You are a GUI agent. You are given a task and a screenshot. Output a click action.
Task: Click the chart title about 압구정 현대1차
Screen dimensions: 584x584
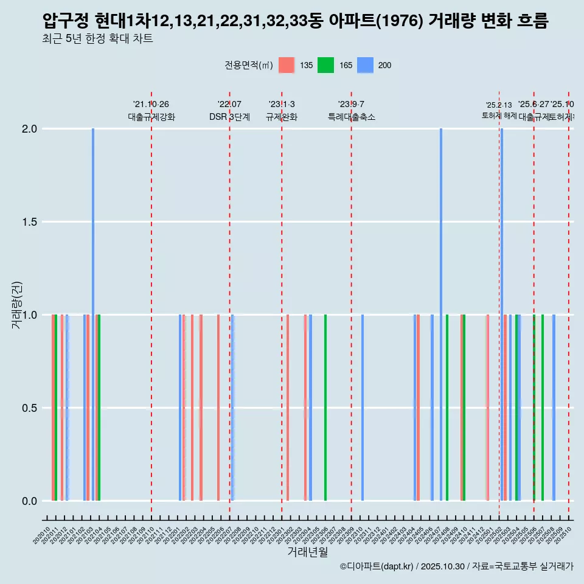pos(296,21)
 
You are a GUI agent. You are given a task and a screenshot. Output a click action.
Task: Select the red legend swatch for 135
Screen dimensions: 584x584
pos(287,65)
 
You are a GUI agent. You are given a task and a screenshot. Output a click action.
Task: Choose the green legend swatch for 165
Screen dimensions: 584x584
pos(325,65)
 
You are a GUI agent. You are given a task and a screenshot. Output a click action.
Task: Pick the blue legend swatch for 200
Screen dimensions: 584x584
pos(364,65)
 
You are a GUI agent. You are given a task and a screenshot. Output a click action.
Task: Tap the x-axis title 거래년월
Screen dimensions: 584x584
pos(307,552)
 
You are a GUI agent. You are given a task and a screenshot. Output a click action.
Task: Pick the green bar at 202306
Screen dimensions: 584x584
pos(325,408)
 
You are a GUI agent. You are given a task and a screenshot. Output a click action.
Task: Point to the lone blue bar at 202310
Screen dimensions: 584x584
pos(363,408)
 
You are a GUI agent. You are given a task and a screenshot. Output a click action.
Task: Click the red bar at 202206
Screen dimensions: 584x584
pos(218,408)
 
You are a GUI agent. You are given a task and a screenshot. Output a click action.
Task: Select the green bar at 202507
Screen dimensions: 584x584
pos(543,408)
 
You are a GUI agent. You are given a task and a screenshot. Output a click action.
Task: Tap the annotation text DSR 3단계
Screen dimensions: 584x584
pos(229,117)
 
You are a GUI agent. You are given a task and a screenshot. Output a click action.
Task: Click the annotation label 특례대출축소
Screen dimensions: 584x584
pos(351,117)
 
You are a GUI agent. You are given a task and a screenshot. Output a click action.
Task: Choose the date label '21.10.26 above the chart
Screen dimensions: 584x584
pos(151,104)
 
